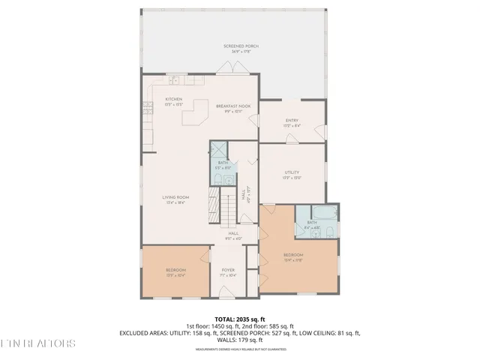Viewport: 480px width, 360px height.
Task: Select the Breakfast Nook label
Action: point(232,108)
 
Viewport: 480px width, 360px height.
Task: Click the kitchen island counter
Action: point(197,114)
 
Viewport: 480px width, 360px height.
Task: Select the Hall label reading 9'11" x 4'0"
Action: point(234,235)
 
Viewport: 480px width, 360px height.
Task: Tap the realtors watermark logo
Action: point(37,344)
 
